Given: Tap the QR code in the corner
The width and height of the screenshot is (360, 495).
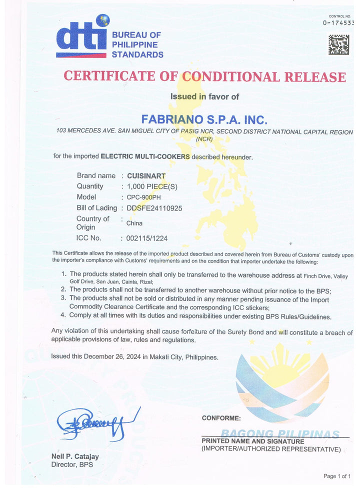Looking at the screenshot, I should click(338, 45).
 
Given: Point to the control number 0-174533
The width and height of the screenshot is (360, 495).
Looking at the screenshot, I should click(338, 23).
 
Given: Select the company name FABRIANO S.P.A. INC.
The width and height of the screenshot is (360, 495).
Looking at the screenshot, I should click(204, 120).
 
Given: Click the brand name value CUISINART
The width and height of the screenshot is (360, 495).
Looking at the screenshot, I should click(146, 176).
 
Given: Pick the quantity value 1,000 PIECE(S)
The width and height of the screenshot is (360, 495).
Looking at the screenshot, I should click(152, 186).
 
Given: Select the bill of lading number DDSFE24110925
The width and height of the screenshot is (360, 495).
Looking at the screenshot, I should click(154, 208).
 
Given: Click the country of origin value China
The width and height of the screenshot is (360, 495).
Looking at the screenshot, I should click(134, 223).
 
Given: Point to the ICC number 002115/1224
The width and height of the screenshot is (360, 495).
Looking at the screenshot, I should click(147, 238).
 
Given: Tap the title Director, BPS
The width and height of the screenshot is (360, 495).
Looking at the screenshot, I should click(72, 465).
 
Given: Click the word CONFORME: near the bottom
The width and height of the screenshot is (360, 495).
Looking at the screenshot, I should click(221, 418).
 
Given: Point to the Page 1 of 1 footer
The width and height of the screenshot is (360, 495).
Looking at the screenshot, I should click(337, 476).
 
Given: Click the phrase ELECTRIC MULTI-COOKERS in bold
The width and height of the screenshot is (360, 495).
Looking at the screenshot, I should click(145, 156).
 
